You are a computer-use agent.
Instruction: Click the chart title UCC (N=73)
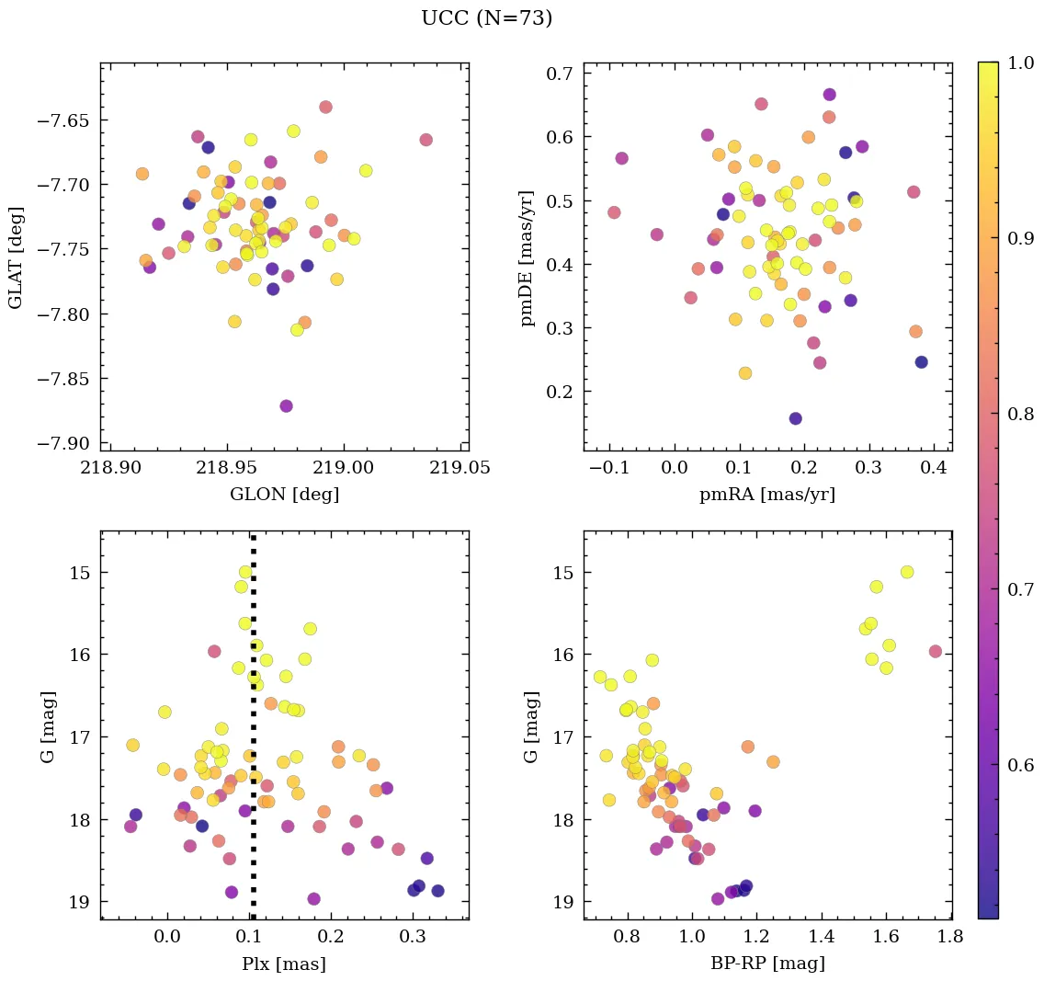[486, 18]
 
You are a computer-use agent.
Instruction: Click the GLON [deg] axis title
[284, 495]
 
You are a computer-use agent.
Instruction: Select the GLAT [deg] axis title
[16, 257]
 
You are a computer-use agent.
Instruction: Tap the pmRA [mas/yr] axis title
[766, 495]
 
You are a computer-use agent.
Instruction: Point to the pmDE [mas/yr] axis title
[527, 257]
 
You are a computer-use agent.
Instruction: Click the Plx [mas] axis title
[284, 964]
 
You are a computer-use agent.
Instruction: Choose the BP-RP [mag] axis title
[766, 964]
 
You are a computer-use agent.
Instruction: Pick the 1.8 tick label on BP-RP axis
[950, 938]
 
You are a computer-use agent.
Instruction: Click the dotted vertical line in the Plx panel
[253, 736]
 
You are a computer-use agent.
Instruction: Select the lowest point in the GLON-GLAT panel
[286, 405]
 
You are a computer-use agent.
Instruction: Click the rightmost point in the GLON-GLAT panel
[426, 140]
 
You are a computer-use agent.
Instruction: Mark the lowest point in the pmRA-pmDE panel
[795, 418]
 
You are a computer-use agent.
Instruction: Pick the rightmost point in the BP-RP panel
[936, 651]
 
